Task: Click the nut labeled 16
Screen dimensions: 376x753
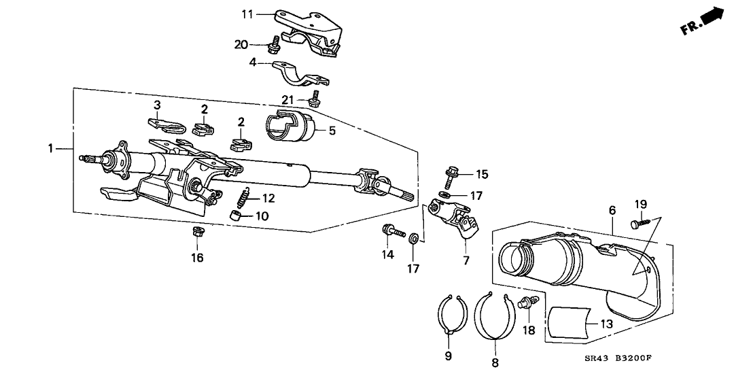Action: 198,233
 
